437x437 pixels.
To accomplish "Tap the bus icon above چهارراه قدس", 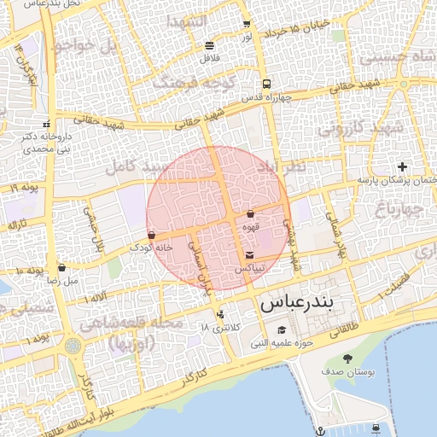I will (x=267, y=84).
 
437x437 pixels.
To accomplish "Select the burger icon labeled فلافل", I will (x=210, y=45).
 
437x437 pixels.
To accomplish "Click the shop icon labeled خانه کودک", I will (x=151, y=235).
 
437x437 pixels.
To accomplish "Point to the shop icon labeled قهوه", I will (x=250, y=214).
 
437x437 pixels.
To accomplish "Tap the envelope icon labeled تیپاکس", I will (x=249, y=255).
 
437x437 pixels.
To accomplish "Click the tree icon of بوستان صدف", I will (x=347, y=358).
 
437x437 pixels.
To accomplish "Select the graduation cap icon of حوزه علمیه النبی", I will (x=282, y=331).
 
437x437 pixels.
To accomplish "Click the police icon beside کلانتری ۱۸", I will (x=221, y=314).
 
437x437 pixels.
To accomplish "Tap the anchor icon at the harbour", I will (x=319, y=428).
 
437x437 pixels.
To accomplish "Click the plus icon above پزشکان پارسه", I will (x=403, y=166).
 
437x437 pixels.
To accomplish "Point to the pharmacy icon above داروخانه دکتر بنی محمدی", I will (x=58, y=125).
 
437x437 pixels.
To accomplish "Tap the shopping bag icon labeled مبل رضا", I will (x=61, y=268).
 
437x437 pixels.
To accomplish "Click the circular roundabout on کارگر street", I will (x=73, y=347).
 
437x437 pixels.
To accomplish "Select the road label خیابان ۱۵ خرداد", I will (x=291, y=32).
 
